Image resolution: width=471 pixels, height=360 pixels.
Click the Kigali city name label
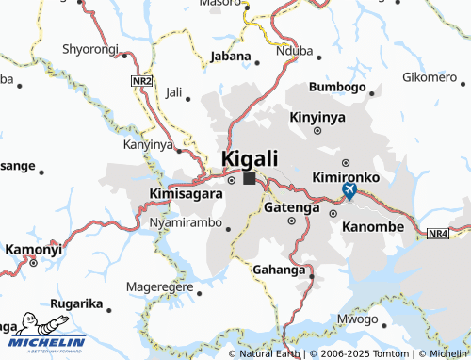point(250,158)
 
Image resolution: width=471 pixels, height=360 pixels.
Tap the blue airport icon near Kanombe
point(349,192)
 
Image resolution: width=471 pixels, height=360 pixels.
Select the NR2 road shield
point(142,83)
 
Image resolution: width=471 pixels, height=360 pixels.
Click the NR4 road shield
point(438,233)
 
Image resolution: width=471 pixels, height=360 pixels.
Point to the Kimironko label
point(346,176)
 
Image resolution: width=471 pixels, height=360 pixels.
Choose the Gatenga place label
point(292,206)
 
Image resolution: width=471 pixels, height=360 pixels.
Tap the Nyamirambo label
point(185,223)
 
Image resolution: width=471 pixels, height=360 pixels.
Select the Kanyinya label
point(149,145)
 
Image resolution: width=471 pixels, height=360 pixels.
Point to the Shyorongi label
point(90,48)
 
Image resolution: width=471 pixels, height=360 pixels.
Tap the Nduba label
point(294,52)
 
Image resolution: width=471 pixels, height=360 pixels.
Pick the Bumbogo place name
point(337,88)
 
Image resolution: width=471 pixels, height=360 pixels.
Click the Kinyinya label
point(318,117)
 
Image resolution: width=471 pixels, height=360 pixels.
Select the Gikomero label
point(430,76)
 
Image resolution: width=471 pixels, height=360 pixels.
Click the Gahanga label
point(279,270)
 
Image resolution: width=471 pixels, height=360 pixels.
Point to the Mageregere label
point(160,286)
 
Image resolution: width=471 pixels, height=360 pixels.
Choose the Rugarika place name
point(77,303)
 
